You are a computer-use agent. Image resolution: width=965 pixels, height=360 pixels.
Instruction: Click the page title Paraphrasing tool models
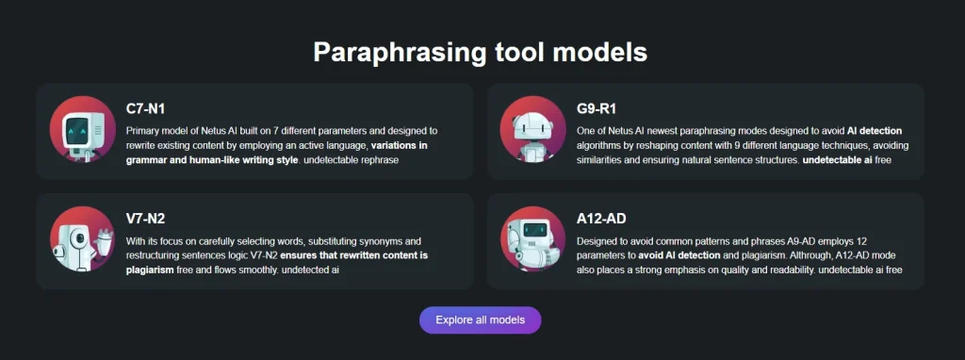(480, 52)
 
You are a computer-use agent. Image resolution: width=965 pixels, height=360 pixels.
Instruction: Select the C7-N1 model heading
(145, 109)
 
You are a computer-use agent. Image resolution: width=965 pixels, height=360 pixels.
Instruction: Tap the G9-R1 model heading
(597, 109)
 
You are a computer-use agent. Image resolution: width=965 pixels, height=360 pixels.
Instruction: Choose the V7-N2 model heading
(146, 220)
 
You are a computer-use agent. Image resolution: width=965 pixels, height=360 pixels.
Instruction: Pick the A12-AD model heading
(602, 220)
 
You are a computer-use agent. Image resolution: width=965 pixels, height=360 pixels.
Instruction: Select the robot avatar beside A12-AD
(532, 239)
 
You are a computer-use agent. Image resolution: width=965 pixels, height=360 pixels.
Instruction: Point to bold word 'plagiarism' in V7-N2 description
(150, 270)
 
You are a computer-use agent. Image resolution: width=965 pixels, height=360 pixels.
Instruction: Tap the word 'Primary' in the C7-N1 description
(143, 130)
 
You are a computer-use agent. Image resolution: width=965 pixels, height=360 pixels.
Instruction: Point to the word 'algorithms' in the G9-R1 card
(599, 145)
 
